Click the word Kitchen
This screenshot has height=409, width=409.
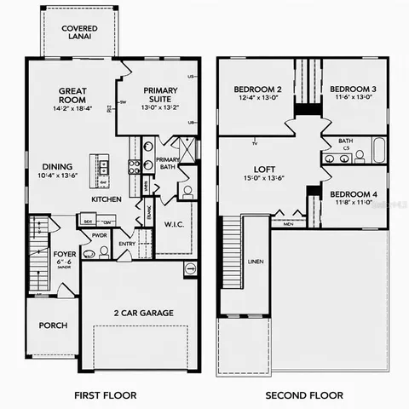click(107, 199)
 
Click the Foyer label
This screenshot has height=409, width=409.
click(66, 254)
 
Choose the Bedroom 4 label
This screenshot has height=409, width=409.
click(353, 193)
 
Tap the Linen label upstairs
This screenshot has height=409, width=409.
click(255, 262)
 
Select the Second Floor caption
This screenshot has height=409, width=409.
click(304, 395)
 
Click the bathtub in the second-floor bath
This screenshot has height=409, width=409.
click(377, 157)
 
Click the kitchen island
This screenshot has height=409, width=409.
click(104, 169)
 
